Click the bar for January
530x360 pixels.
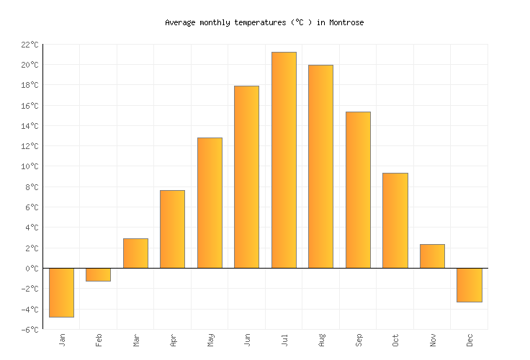[x=61, y=292]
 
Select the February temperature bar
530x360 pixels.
[x=99, y=274]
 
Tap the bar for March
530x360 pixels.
[x=135, y=253]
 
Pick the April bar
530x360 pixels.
[x=172, y=229]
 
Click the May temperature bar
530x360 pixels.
[x=210, y=203]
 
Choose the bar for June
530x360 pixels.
[x=246, y=177]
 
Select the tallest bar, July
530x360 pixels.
[x=284, y=160]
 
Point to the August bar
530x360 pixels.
[x=320, y=166]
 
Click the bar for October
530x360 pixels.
[x=395, y=220]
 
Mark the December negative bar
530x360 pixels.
[x=469, y=285]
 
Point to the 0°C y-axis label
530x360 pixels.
[x=32, y=269]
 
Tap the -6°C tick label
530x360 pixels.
[x=30, y=330]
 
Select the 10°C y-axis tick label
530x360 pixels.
[x=30, y=167]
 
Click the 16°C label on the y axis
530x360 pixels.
[x=30, y=106]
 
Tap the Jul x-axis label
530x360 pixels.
[x=284, y=339]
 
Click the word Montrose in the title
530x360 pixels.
[x=346, y=22]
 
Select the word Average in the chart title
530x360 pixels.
[x=180, y=22]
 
